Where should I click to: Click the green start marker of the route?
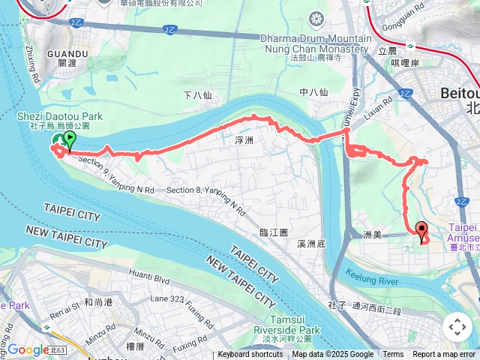click(x=70, y=139)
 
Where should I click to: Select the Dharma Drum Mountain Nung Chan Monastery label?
click(x=316, y=43)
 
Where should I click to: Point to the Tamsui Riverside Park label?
click(x=287, y=325)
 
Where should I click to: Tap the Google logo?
click(x=28, y=349)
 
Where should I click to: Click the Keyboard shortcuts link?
click(x=250, y=355)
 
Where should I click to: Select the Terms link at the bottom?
click(x=393, y=355)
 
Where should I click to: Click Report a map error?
click(x=445, y=355)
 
